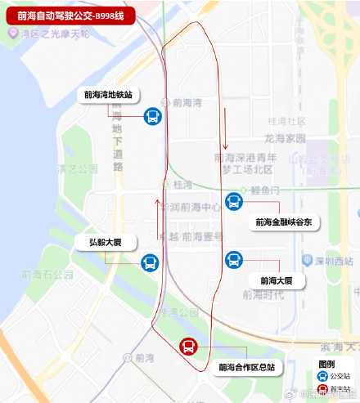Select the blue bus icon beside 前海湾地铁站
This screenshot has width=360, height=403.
click(153, 116)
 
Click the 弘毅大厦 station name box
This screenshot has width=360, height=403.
click(106, 242)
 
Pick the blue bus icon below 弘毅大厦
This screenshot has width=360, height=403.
click(150, 263)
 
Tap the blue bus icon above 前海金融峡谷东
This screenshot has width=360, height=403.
click(235, 201)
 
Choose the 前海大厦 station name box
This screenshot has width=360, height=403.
click(277, 280)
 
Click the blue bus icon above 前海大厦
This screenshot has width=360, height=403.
click(234, 260)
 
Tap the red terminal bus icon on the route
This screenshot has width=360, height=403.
click(188, 347)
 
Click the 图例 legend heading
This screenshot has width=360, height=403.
click(326, 363)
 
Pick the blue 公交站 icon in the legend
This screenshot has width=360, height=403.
click(322, 377)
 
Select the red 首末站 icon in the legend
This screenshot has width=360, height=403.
click(322, 391)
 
